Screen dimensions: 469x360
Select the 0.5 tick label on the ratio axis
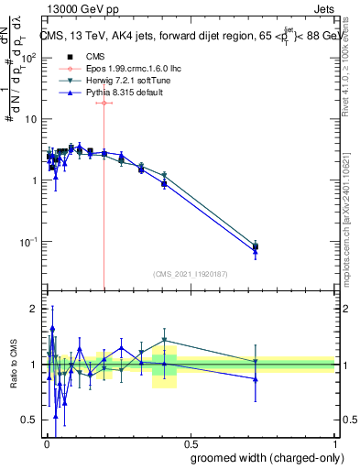(31, 420)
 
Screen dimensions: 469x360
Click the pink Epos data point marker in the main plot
(104, 104)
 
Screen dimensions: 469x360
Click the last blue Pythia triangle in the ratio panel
(256, 378)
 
